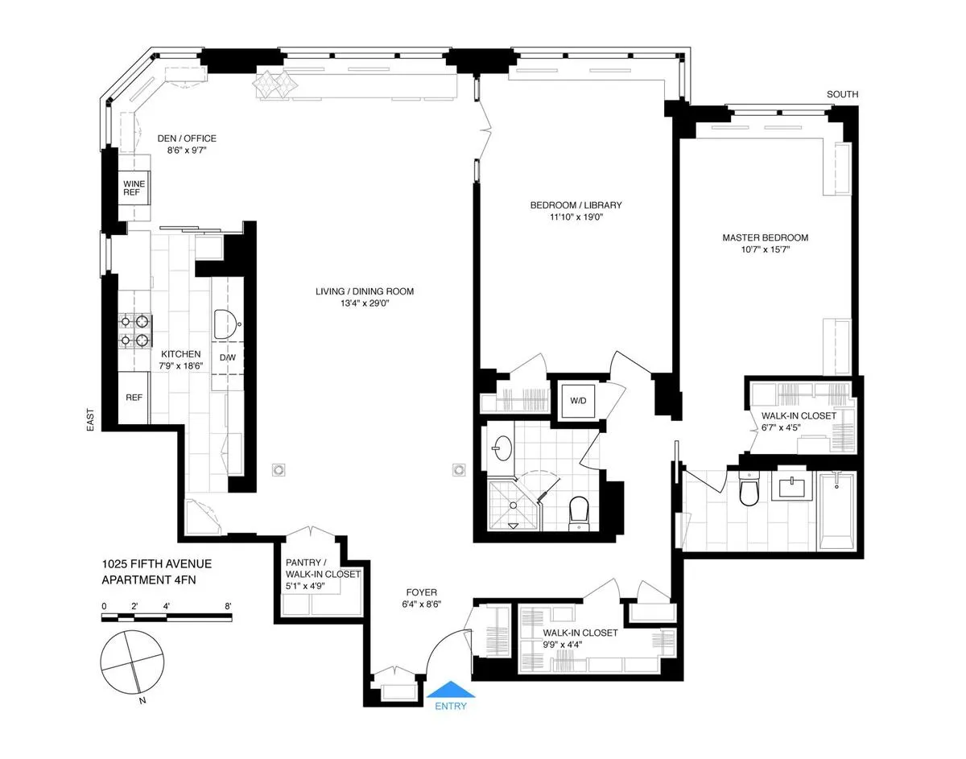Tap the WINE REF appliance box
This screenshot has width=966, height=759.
click(134, 189)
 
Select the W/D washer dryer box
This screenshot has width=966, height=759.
click(578, 400)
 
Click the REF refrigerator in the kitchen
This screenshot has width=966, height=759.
click(134, 398)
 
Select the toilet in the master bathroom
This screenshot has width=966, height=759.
click(749, 489)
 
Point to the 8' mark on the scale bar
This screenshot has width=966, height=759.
click(229, 606)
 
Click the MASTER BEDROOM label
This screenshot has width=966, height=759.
click(765, 237)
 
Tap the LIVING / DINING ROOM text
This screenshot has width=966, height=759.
click(365, 291)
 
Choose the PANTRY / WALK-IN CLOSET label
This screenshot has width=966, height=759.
click(322, 568)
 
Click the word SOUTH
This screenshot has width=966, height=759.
click(842, 95)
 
